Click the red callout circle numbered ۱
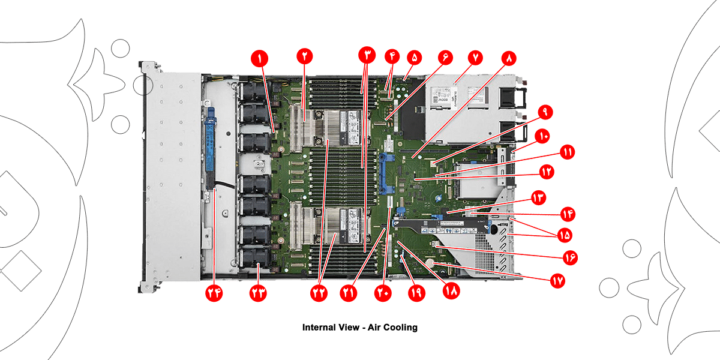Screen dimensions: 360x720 (260, 58)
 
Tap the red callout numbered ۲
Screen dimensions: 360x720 (305, 57)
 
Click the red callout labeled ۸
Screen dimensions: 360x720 (509, 58)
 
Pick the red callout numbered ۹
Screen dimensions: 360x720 (545, 112)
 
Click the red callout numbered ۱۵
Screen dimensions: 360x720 (564, 235)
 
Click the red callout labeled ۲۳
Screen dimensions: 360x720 (258, 293)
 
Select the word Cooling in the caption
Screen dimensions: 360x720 (401, 328)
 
